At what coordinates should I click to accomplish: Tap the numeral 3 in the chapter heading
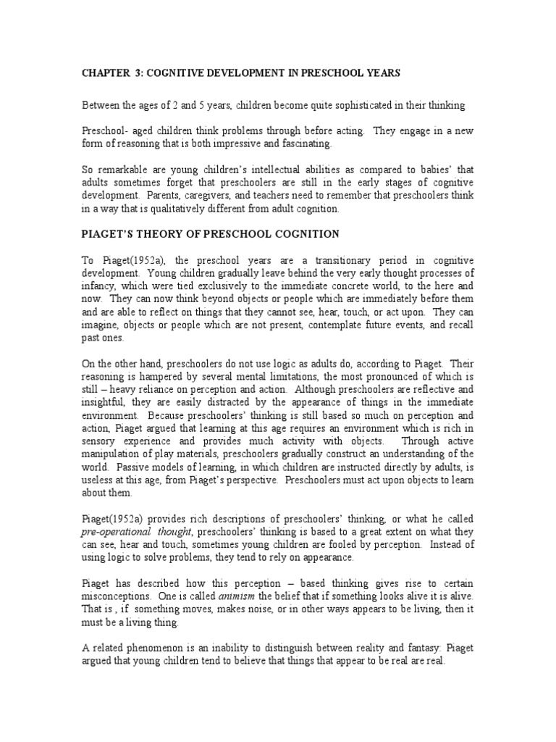pyautogui.click(x=146, y=73)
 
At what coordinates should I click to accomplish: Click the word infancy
pyautogui.click(x=98, y=285)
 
